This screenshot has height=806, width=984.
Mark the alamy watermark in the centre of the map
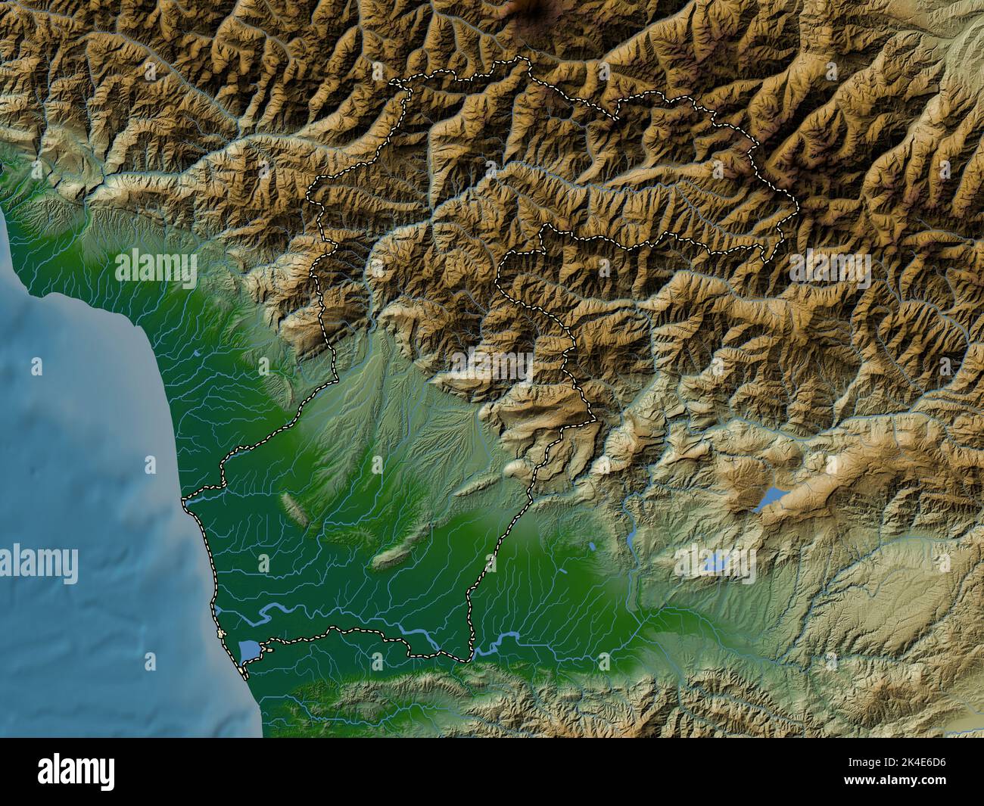pyautogui.click(x=492, y=365)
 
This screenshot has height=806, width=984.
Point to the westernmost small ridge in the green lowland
pyautogui.click(x=295, y=511)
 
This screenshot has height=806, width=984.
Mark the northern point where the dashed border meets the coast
pyautogui.click(x=184, y=500)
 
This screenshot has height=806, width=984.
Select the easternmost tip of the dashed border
pyautogui.click(x=799, y=203)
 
